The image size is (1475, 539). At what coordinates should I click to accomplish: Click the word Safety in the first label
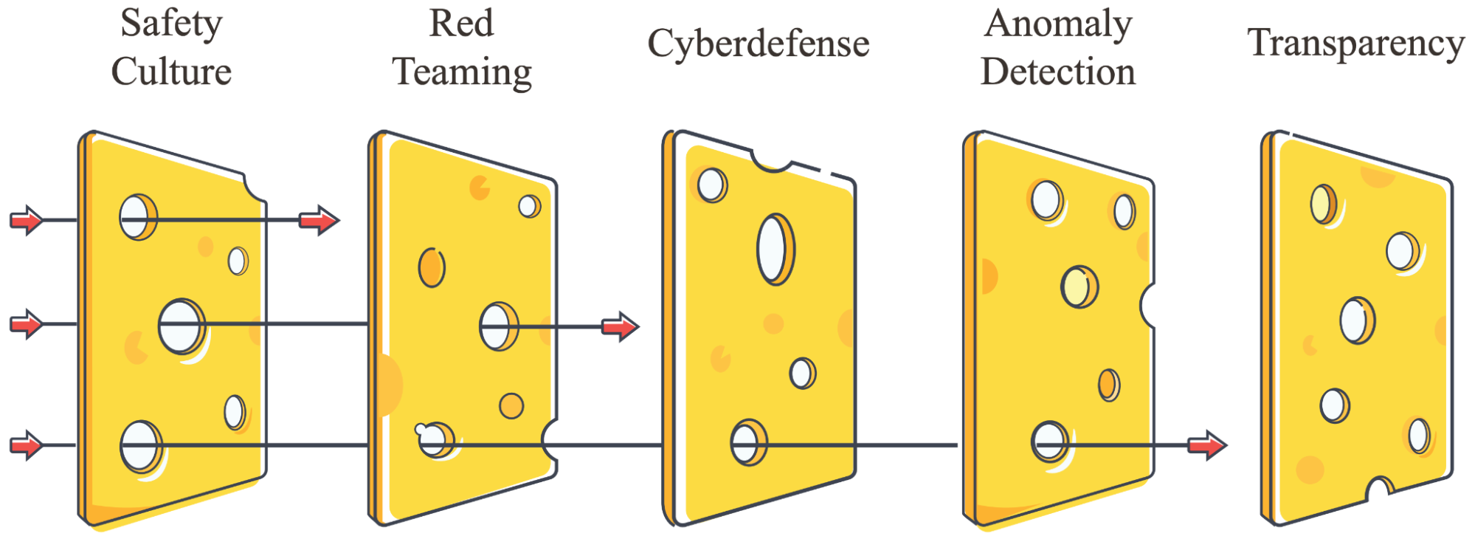click(171, 24)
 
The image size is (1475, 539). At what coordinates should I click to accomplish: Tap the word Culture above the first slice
click(171, 72)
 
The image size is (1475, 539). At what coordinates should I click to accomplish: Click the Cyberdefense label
click(759, 44)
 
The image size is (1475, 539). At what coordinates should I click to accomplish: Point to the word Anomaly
click(1058, 24)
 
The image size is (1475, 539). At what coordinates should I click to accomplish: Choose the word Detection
click(1058, 72)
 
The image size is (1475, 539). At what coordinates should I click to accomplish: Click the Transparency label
click(1356, 44)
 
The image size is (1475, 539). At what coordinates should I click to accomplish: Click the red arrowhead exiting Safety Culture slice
click(319, 220)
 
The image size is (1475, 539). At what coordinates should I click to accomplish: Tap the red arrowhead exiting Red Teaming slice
click(621, 326)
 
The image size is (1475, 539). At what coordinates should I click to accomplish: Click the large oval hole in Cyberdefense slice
click(775, 250)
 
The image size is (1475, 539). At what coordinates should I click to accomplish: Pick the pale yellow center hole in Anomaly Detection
click(1080, 286)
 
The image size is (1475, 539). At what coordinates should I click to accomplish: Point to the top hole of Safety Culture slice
click(138, 217)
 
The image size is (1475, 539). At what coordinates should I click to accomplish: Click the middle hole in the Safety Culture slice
click(182, 326)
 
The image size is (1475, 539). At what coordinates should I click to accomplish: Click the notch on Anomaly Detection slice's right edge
click(1147, 304)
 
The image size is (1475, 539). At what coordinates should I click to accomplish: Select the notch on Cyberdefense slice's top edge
click(772, 159)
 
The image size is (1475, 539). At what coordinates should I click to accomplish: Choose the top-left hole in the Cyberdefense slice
click(712, 185)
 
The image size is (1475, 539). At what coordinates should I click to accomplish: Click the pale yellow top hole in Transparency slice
click(1324, 205)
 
